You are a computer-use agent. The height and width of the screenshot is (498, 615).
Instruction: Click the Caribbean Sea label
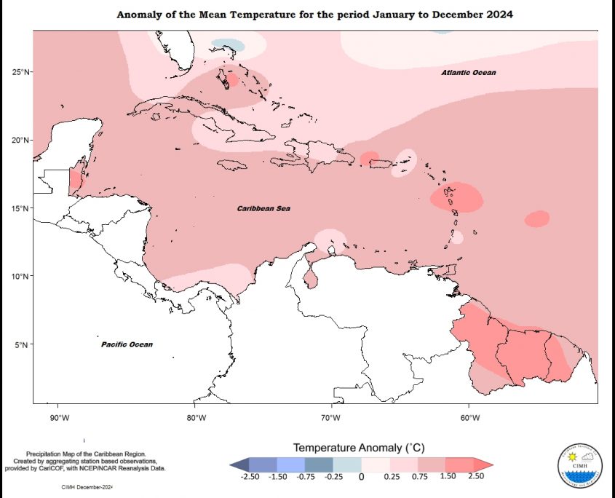pyautogui.click(x=263, y=209)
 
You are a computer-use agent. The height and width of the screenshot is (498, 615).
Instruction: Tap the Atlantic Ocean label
pyautogui.click(x=468, y=73)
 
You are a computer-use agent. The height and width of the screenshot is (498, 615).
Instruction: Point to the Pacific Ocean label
pyautogui.click(x=127, y=344)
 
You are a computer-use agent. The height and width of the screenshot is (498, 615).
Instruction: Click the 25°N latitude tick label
pyautogui.click(x=20, y=71)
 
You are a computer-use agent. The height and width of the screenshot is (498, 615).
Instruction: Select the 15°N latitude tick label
pyautogui.click(x=20, y=208)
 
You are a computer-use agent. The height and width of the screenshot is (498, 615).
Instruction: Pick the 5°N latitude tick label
pyautogui.click(x=22, y=345)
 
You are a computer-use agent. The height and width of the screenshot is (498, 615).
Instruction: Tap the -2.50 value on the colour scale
pyautogui.click(x=250, y=477)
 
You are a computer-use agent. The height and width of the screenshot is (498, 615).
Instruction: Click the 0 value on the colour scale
pyautogui.click(x=361, y=477)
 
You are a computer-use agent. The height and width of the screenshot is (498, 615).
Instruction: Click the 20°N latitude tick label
pyautogui.click(x=20, y=140)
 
